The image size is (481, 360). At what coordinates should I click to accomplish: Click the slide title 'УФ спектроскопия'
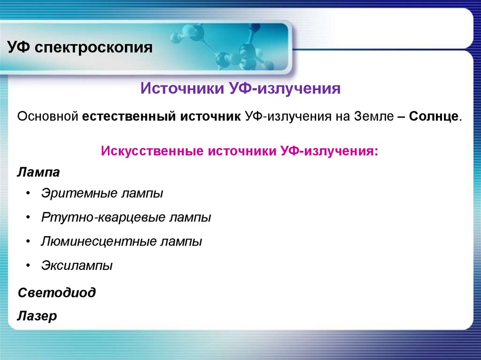pos(79,47)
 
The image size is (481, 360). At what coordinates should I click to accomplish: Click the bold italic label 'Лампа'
pos(39,172)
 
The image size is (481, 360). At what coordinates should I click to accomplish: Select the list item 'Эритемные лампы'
pos(102,193)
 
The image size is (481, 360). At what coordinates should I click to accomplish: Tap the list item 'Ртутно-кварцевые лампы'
pos(126,218)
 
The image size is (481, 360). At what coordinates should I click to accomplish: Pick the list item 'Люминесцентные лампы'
pos(121,242)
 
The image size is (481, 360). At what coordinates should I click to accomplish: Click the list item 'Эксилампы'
pos(77,266)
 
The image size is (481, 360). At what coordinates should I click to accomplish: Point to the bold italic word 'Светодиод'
pos(56,293)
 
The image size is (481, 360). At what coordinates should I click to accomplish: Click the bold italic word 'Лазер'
pos(37,316)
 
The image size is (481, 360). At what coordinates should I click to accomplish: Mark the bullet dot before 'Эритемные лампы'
pos(29,193)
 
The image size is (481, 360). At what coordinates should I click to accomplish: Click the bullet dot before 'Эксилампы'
pos(29,266)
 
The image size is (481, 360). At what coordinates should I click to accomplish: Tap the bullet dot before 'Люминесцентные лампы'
pos(29,242)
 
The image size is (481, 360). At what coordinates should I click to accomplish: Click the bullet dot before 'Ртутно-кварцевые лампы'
pos(29,218)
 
